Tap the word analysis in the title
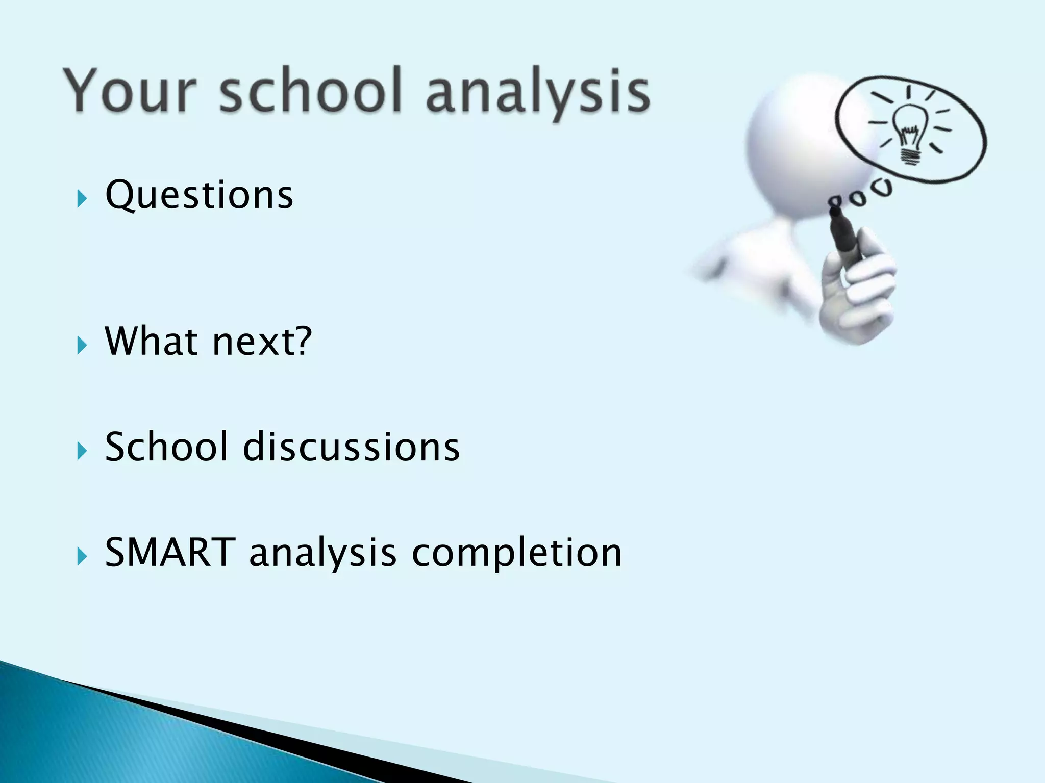[x=537, y=93]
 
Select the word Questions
[x=199, y=196]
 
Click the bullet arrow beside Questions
[x=82, y=198]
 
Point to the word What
[x=151, y=341]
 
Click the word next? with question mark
[x=262, y=342]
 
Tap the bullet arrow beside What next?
[x=82, y=345]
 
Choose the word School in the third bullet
[x=166, y=447]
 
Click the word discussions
[x=352, y=447]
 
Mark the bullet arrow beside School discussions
[x=82, y=451]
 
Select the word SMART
[x=170, y=553]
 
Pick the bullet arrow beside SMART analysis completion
[x=82, y=556]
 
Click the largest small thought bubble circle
[x=882, y=188]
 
